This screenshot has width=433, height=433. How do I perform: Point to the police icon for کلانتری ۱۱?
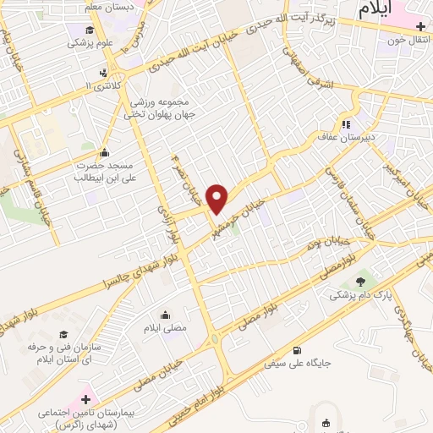[x=103, y=73]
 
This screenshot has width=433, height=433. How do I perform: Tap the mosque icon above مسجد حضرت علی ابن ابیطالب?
[x=104, y=153]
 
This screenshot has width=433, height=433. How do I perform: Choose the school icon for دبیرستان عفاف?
[x=344, y=119]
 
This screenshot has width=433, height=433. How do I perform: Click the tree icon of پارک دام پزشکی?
[x=362, y=280]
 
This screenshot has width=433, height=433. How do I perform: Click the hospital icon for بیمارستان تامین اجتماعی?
[x=85, y=397]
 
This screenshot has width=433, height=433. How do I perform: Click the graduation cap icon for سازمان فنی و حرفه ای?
[x=62, y=335]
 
